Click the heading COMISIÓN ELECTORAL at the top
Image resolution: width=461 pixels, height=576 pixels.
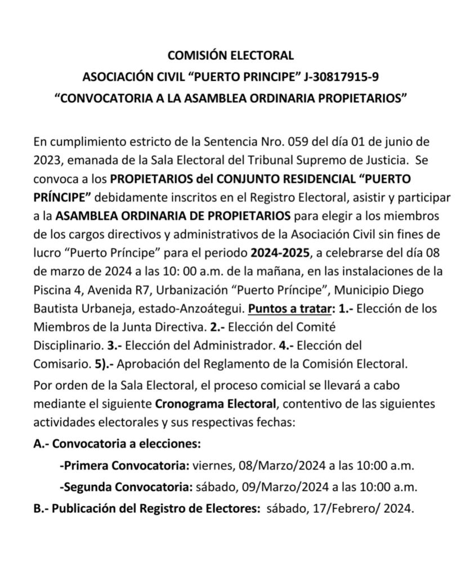(231, 55)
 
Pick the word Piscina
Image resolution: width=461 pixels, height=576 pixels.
(54, 289)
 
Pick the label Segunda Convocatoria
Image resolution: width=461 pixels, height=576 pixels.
(126, 486)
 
